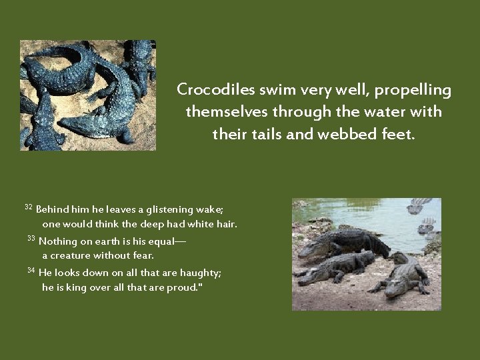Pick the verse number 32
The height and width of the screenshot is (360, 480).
tap(29, 207)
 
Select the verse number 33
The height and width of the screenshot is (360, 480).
tap(31, 239)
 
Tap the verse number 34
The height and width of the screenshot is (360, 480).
tap(31, 270)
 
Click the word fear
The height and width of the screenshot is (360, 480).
tap(143, 255)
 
